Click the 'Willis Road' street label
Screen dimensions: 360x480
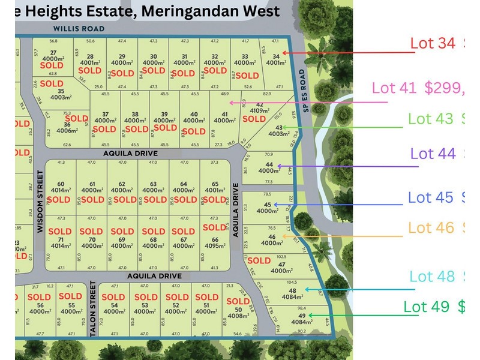(79, 29)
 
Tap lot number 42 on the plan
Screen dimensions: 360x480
(260, 104)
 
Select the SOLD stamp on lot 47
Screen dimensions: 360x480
(259, 260)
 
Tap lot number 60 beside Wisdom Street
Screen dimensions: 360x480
(61, 184)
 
